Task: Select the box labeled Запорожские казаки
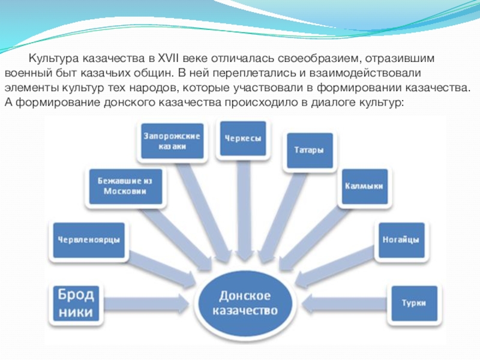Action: [172, 141]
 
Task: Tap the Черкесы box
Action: [242, 139]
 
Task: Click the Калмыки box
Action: [363, 186]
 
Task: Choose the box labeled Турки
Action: [414, 303]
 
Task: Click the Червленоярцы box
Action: [88, 239]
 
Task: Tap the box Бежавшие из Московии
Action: [125, 186]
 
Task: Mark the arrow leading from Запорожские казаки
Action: [204, 210]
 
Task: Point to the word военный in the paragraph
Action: [23, 74]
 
